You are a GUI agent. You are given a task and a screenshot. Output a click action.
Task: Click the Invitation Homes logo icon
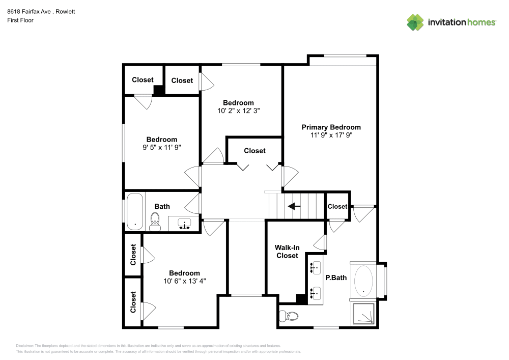(415, 22)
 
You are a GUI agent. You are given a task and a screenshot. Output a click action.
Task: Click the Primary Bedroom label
(331, 127)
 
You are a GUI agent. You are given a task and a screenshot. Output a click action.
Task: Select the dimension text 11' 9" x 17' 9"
(331, 135)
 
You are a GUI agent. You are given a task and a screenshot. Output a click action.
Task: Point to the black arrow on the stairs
(294, 206)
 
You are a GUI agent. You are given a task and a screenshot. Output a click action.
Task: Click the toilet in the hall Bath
(155, 221)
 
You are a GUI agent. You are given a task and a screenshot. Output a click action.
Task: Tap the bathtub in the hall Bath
(135, 211)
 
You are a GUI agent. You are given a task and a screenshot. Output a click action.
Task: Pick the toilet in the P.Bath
(289, 317)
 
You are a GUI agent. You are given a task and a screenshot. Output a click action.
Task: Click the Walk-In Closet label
(287, 252)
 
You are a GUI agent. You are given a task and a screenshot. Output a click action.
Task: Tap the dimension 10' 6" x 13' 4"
(184, 281)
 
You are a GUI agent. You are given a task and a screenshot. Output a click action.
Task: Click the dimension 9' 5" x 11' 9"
(162, 147)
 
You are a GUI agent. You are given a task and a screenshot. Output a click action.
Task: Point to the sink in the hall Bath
(184, 224)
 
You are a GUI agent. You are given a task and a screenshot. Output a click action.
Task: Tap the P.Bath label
(335, 278)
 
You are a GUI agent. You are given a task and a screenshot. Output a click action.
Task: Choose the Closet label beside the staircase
(337, 206)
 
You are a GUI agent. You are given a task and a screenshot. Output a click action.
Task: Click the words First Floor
(20, 20)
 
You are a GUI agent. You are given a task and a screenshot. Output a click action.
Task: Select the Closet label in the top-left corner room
(143, 80)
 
